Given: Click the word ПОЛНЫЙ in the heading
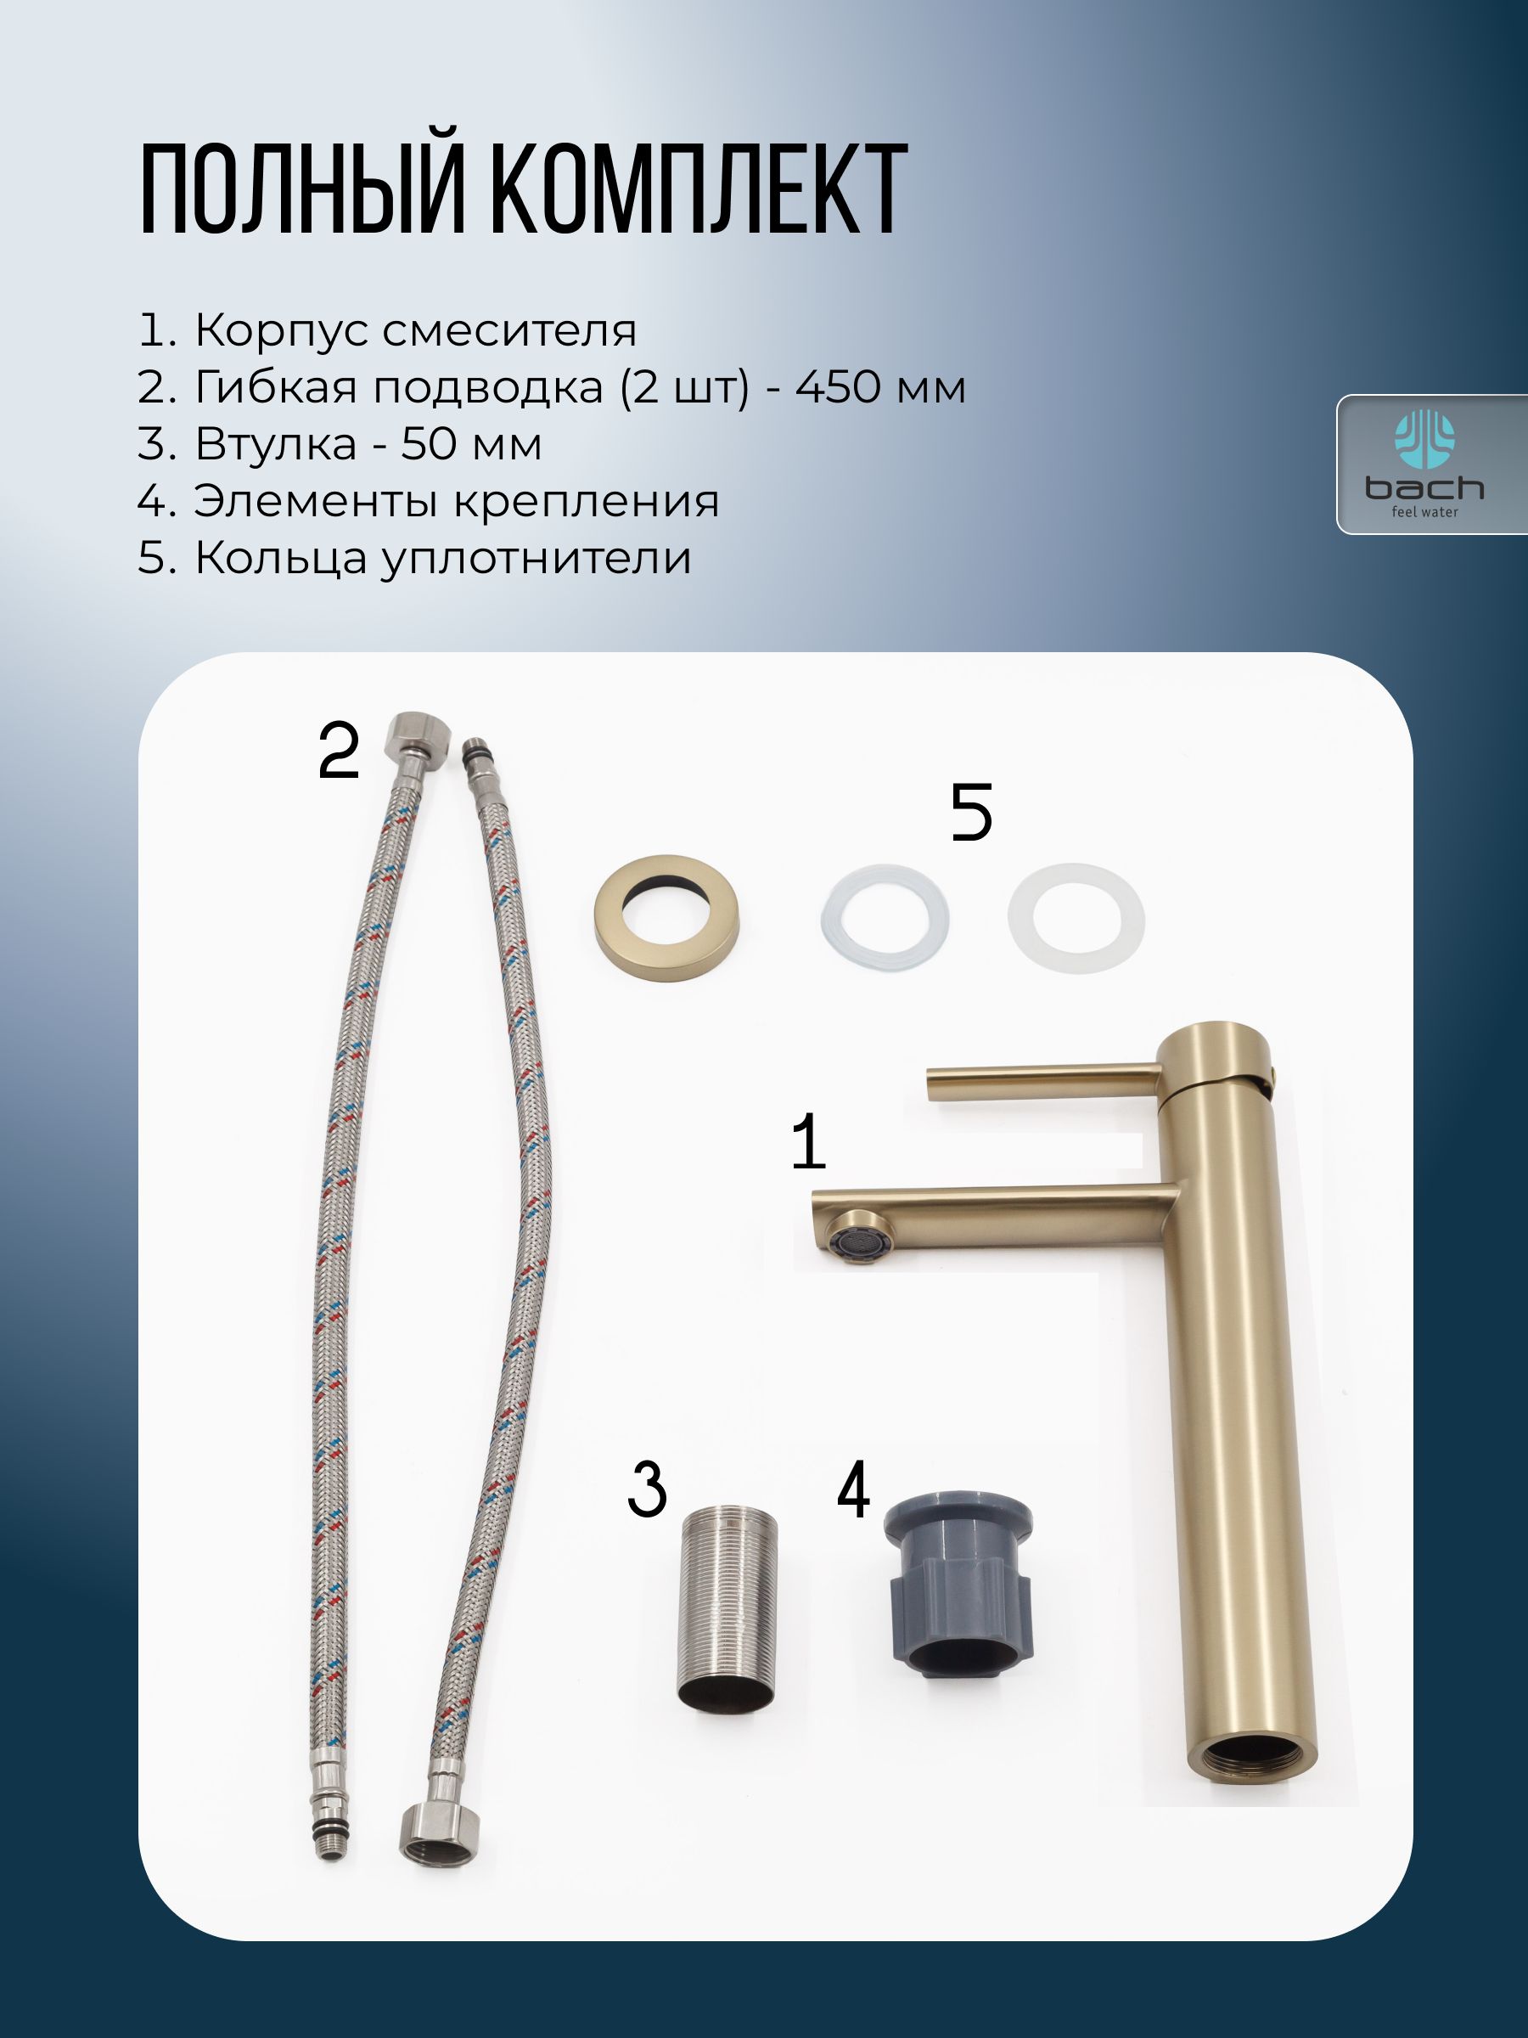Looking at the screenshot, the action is click(x=301, y=189).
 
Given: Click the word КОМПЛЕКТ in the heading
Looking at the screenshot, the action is click(x=698, y=189).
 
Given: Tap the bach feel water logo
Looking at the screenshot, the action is click(x=1424, y=464).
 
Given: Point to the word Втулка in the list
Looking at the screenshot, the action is click(x=275, y=444).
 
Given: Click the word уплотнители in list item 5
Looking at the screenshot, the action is click(x=536, y=559).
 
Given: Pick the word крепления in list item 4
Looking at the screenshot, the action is click(x=586, y=502).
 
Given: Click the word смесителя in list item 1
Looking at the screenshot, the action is click(x=509, y=329).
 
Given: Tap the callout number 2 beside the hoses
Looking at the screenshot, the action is click(x=338, y=751).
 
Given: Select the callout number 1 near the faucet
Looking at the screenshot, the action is click(x=808, y=1141).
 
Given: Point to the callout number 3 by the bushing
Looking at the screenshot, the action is click(x=647, y=1489).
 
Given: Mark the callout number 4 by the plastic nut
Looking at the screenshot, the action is click(x=853, y=1489).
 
